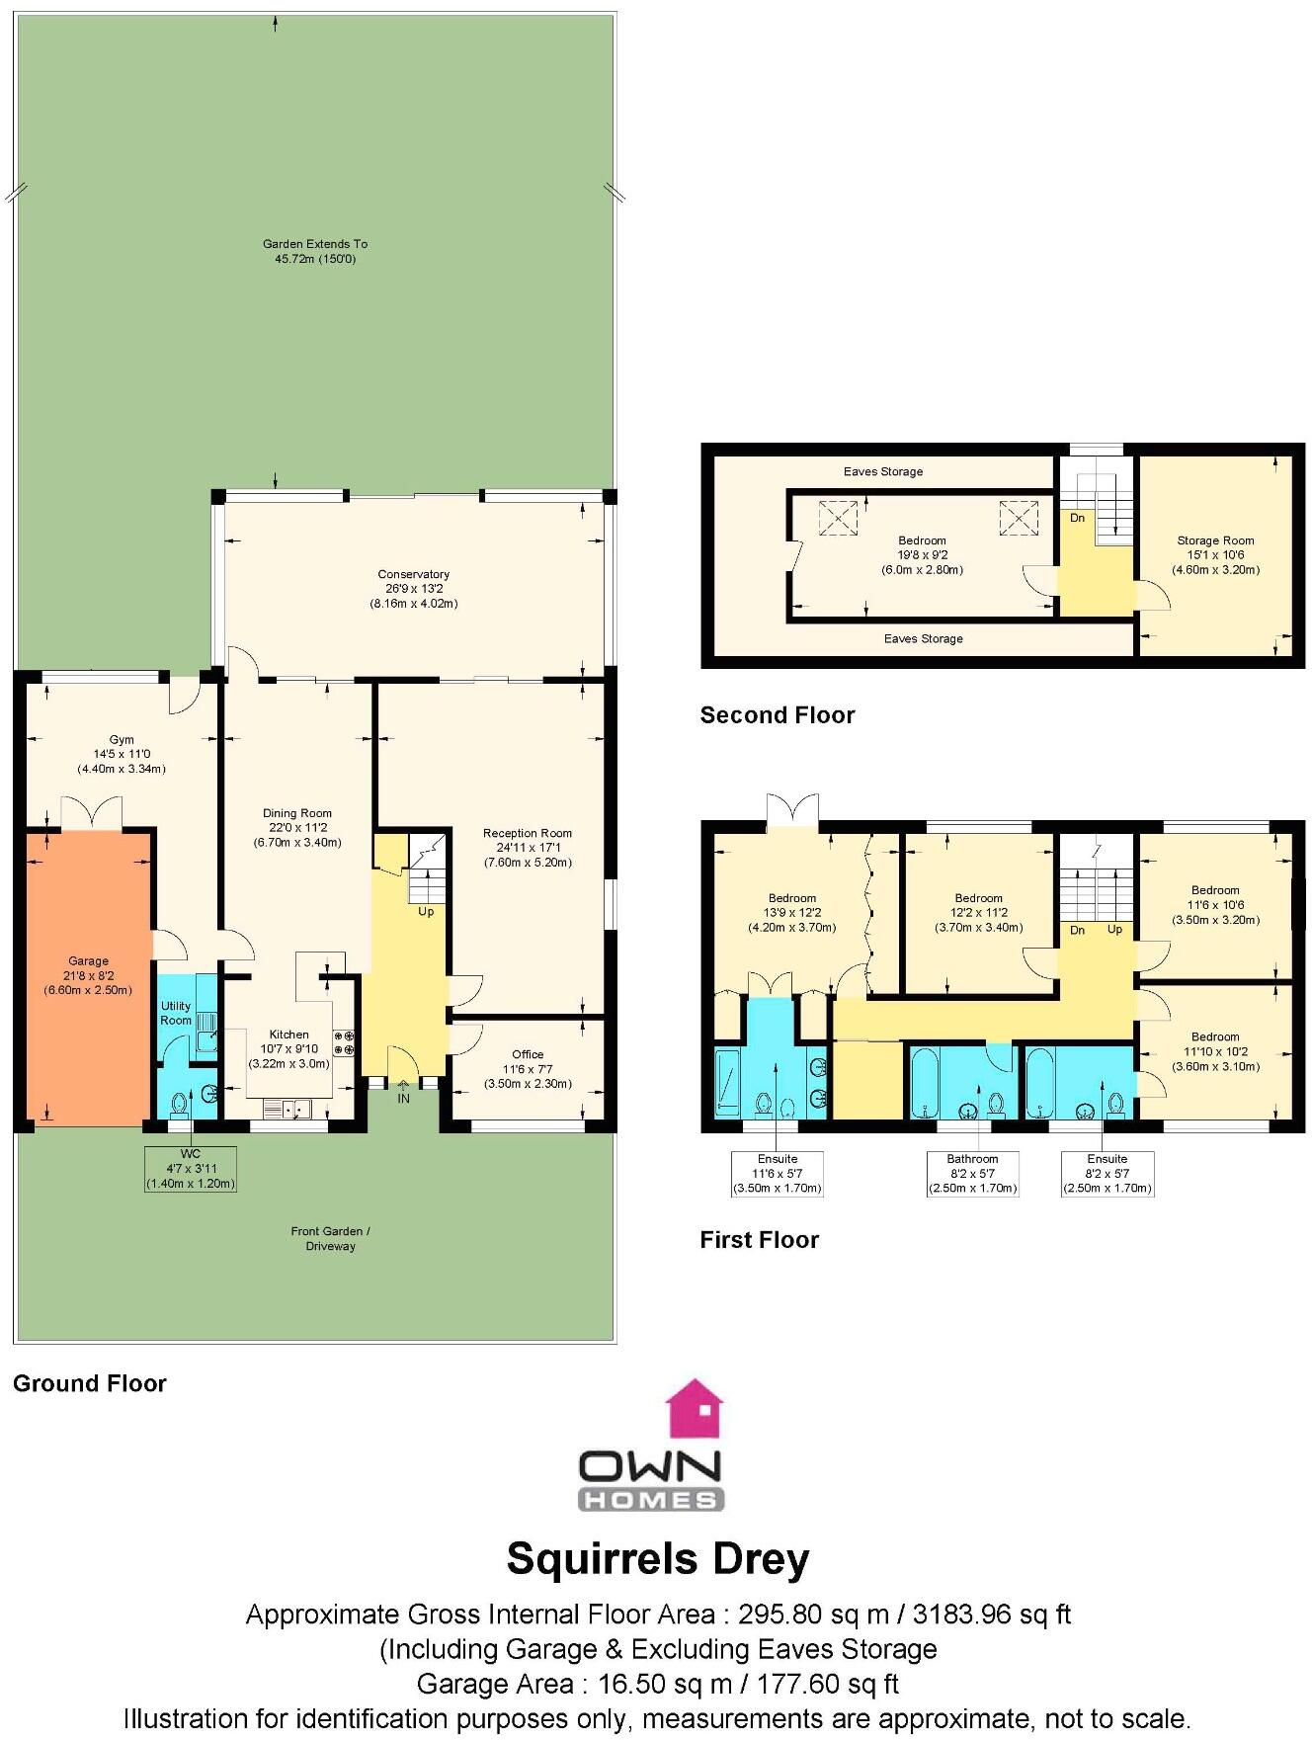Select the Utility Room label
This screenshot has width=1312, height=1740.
click(176, 1013)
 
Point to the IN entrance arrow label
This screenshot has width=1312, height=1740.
click(403, 1098)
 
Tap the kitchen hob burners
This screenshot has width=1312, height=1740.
click(344, 1042)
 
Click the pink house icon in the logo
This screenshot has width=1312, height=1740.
click(695, 1409)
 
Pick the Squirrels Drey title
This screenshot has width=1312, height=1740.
click(657, 1558)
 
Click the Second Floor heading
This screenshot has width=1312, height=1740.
click(777, 715)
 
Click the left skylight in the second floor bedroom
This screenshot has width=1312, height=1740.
click(838, 517)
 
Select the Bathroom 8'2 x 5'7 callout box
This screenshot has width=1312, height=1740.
click(972, 1173)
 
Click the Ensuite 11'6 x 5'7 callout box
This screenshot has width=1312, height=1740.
click(778, 1173)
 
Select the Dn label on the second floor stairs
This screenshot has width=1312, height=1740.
click(1077, 518)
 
